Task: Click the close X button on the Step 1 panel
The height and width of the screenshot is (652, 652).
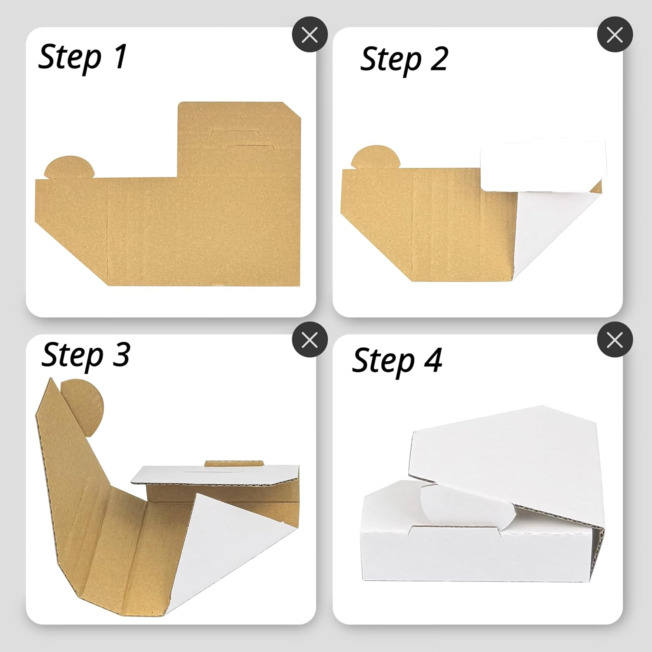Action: (309, 34)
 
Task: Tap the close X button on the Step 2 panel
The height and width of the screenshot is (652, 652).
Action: (615, 34)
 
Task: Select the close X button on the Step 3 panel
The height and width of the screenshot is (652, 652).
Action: (309, 339)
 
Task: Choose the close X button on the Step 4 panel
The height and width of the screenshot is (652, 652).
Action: (615, 339)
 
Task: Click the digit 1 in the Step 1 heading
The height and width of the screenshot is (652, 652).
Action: (120, 56)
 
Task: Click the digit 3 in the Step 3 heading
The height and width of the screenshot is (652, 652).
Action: (120, 355)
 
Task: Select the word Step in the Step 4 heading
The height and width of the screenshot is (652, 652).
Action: (383, 361)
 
